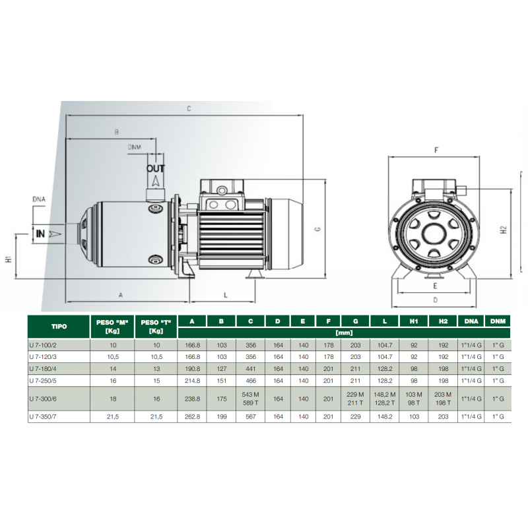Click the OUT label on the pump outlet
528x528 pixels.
click(156, 168)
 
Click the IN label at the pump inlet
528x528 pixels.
click(40, 234)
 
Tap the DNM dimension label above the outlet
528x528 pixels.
click(135, 147)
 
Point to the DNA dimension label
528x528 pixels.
click(39, 199)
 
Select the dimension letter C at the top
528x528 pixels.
click(189, 108)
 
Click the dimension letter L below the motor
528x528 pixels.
click(226, 295)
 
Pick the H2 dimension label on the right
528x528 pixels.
click(504, 230)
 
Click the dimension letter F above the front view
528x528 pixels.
click(436, 150)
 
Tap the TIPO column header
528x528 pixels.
click(59, 326)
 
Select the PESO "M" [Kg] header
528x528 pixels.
click(112, 327)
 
